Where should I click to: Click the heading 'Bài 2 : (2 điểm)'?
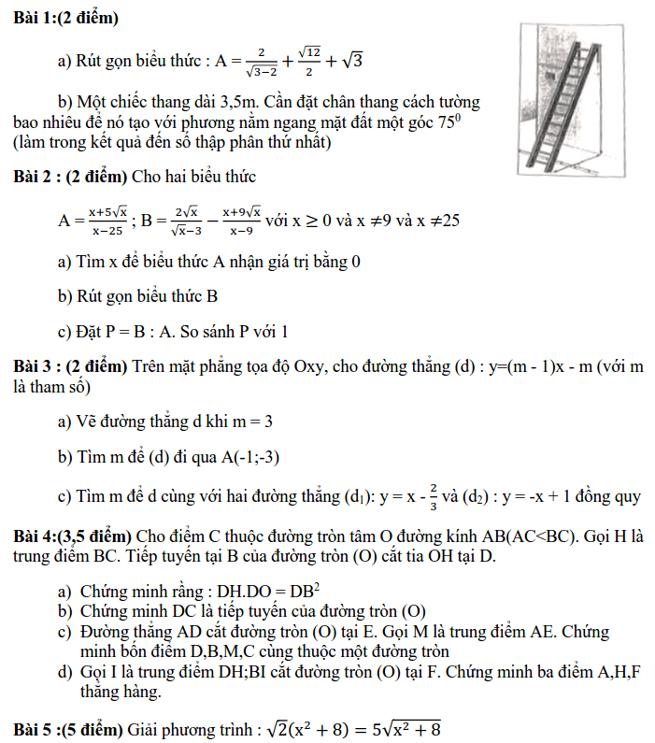(70, 176)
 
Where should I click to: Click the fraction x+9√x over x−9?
(241, 221)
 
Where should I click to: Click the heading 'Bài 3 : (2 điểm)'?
(70, 365)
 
